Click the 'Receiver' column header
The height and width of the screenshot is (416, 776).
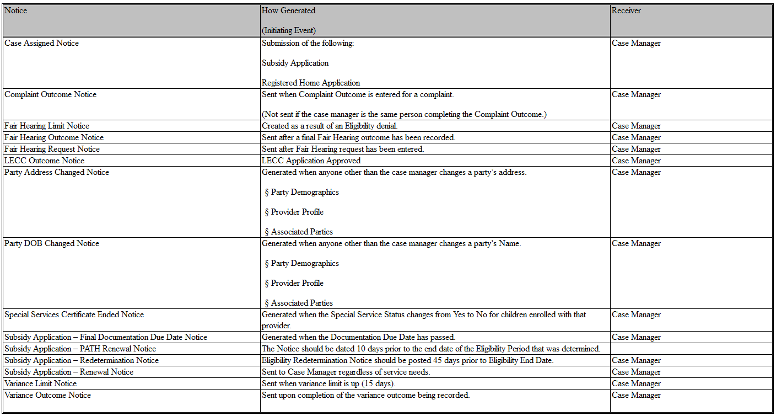[x=626, y=10]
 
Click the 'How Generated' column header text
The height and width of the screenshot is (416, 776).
[x=288, y=10]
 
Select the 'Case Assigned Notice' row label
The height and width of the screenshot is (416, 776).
[x=41, y=43]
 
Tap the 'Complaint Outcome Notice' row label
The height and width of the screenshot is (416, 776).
[x=50, y=94]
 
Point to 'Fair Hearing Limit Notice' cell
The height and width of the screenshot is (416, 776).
[x=47, y=126]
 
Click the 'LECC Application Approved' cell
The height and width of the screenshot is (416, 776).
[x=311, y=161]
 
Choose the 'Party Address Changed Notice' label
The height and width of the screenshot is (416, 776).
[x=57, y=172]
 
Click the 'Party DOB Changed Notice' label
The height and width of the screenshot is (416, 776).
[x=52, y=243]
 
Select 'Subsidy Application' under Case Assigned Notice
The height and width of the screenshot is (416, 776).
[x=295, y=63]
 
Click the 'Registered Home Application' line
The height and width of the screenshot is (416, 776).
[x=311, y=83]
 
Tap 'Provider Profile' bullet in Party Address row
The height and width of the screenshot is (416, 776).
[x=297, y=212]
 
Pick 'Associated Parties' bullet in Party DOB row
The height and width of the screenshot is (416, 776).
[x=301, y=303]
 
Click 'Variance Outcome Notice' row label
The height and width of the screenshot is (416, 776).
[x=47, y=395]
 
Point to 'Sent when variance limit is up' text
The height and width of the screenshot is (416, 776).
[x=329, y=383]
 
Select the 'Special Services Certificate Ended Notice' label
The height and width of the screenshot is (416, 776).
[x=74, y=314]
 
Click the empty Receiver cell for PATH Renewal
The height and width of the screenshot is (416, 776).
[x=691, y=349]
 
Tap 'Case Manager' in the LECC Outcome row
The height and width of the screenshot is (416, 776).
[x=636, y=161]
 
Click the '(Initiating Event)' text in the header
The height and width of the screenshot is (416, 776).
[x=288, y=30]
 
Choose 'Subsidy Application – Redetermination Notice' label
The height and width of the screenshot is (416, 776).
[x=82, y=360]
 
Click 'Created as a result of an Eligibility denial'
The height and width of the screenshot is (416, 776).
[x=329, y=126]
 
